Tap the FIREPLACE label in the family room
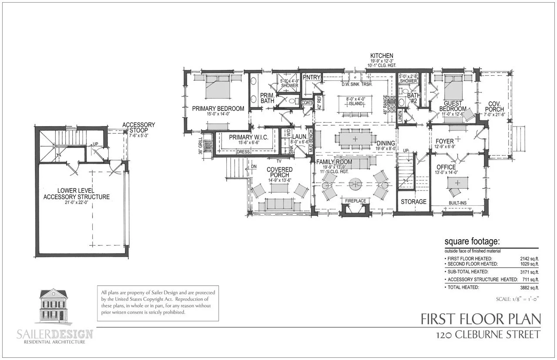(x=355, y=201)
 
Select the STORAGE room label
(x=413, y=202)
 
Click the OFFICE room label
(x=446, y=167)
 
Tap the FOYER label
(x=445, y=141)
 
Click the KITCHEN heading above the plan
(x=382, y=56)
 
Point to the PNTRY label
(x=312, y=77)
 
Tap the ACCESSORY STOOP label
(x=138, y=127)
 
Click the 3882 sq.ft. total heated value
(x=530, y=287)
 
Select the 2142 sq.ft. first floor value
(x=530, y=258)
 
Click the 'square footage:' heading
(x=472, y=242)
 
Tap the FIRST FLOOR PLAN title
(x=481, y=320)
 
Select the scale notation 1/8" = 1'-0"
(x=517, y=299)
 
